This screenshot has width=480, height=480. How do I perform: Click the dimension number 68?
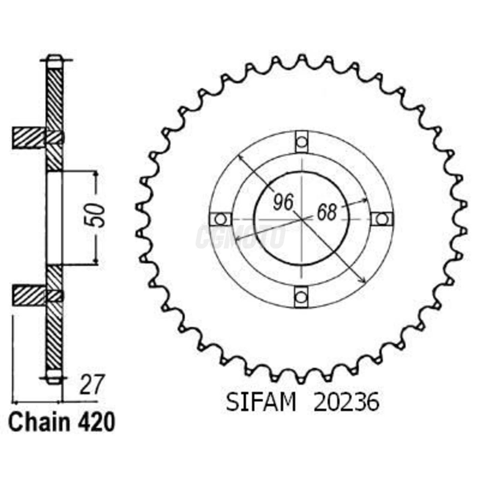pyautogui.click(x=327, y=213)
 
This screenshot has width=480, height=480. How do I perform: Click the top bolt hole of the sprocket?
pyautogui.click(x=301, y=142)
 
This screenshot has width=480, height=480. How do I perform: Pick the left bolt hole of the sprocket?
pyautogui.click(x=221, y=219)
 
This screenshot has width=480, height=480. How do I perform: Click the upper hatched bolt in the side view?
pyautogui.click(x=29, y=138)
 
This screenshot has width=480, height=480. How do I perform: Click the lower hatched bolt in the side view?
pyautogui.click(x=29, y=296)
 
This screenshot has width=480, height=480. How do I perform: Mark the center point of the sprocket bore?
pyautogui.click(x=301, y=219)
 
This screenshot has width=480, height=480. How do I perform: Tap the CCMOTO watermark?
pyautogui.click(x=240, y=237)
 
